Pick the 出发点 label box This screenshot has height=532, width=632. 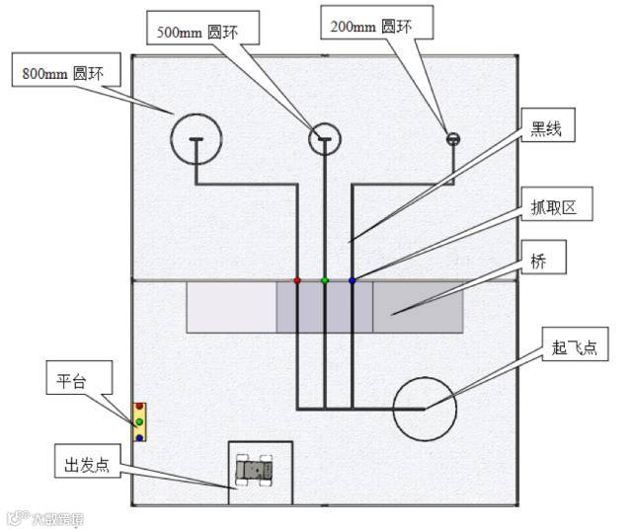pyautogui.click(x=85, y=464)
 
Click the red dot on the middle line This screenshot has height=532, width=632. pyautogui.click(x=297, y=281)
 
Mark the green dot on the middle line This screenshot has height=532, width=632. pyautogui.click(x=325, y=281)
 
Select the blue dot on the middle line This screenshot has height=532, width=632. pyautogui.click(x=353, y=281)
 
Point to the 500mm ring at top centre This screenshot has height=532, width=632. pyautogui.click(x=324, y=139)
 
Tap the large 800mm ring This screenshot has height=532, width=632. pyautogui.click(x=197, y=139)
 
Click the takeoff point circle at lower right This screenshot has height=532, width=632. pyautogui.click(x=425, y=408)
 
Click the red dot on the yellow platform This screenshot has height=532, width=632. pyautogui.click(x=140, y=407)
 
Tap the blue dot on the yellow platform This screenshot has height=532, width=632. pyautogui.click(x=140, y=436)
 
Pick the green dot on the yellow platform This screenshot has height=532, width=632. pyautogui.click(x=140, y=421)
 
